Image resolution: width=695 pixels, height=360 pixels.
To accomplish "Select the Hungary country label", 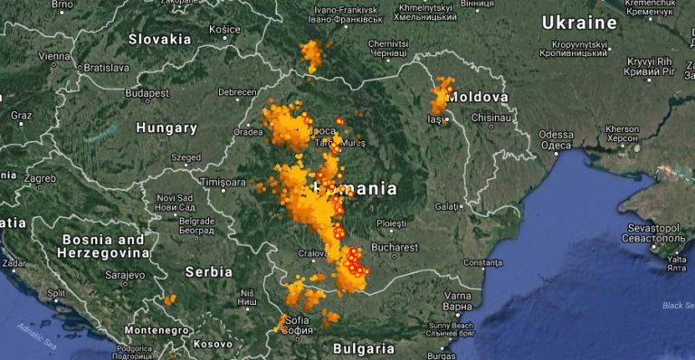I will (167, 128).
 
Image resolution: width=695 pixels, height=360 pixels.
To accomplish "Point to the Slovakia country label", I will (159, 39).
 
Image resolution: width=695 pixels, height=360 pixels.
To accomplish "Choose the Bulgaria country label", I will (363, 347).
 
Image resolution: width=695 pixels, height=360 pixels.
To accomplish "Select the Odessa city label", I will (556, 134).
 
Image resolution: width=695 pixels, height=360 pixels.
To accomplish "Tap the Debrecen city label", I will (237, 92).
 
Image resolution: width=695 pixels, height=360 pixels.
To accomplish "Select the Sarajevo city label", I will (125, 273).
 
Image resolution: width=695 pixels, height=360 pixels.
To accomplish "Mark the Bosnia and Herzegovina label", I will (103, 247).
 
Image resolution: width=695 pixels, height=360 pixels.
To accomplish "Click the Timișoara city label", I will (224, 181).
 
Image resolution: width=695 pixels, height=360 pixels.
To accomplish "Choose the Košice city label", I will (224, 29).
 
